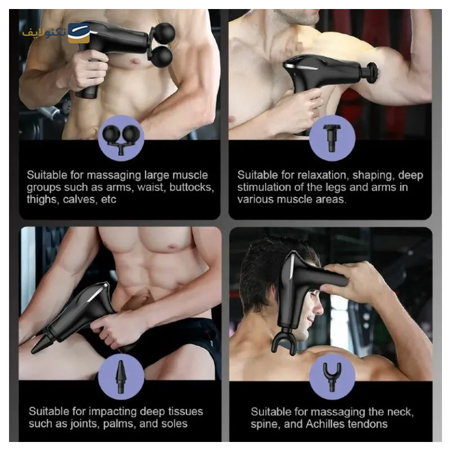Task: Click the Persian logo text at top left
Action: [x=45, y=32]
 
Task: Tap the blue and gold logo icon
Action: [x=79, y=33]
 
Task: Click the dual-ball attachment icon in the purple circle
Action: [x=121, y=139]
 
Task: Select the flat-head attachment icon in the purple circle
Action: [x=332, y=138]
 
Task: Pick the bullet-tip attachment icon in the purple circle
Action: [x=121, y=376]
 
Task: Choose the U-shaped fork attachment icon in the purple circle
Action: [x=332, y=376]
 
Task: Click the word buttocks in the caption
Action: [x=192, y=187]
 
